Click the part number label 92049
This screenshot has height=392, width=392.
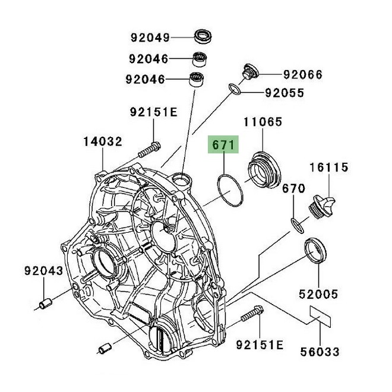coord(150,37)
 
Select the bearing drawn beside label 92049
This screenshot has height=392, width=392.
coord(203,35)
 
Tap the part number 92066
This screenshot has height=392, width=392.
coord(302,75)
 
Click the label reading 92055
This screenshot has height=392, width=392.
coord(284,93)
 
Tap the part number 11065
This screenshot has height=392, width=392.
coord(263,123)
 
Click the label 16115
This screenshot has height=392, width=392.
coord(327,168)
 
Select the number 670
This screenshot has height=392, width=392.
coord(293,189)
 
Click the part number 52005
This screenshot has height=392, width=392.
coord(318,294)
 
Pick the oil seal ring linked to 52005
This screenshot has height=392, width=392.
coord(314,249)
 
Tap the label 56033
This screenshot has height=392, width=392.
coord(320,352)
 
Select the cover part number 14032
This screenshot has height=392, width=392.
coord(102,142)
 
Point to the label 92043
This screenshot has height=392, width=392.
coord(43,271)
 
